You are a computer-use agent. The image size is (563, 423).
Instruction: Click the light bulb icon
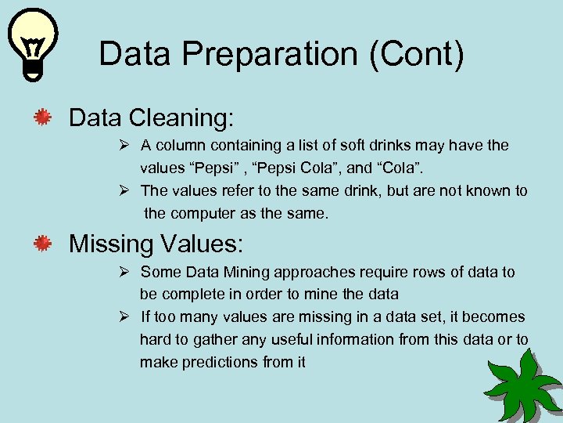30,44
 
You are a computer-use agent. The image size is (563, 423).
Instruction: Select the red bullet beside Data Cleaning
42,118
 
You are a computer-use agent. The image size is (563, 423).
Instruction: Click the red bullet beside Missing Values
42,244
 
